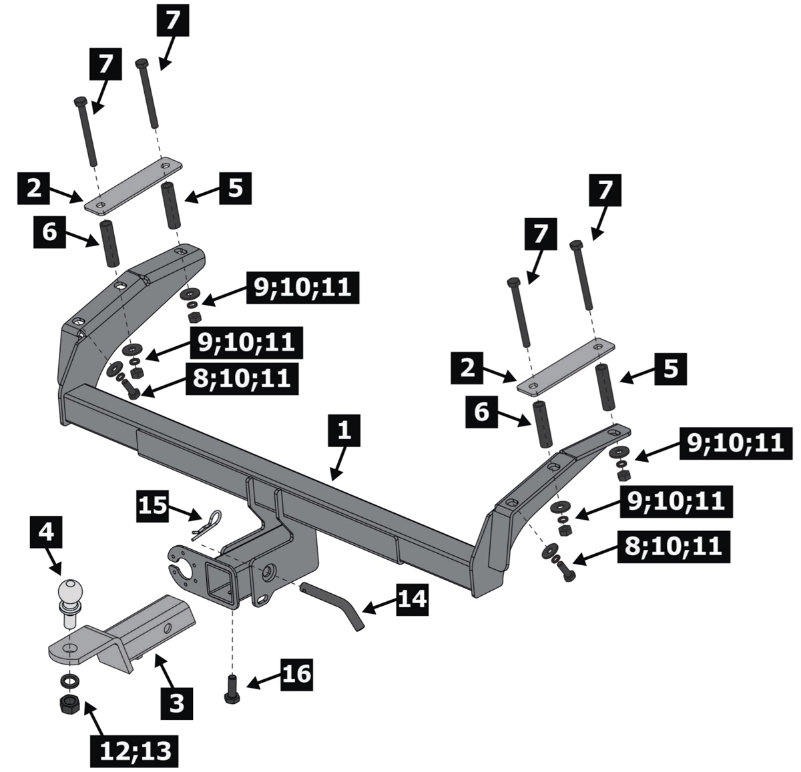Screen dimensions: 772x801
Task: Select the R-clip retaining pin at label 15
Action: [208, 522]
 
